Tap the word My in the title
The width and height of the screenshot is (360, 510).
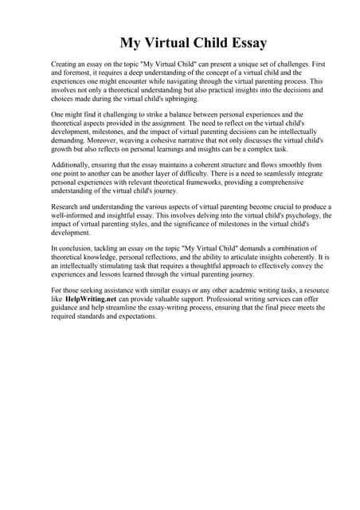pos(132,42)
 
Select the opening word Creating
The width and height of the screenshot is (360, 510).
pos(66,62)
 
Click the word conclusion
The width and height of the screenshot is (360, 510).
pos(76,247)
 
